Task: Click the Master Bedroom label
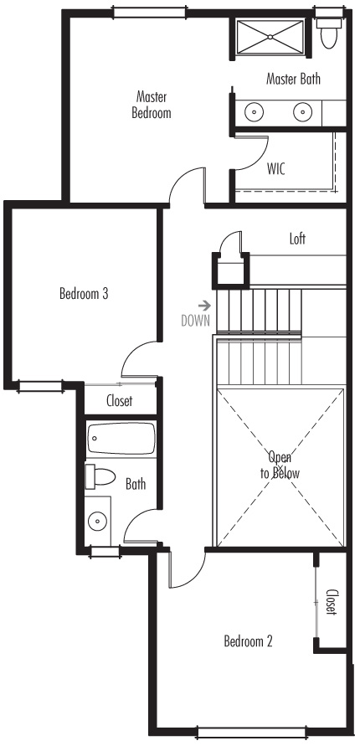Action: tap(152, 105)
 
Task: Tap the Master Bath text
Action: tap(293, 79)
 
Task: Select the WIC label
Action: tap(276, 168)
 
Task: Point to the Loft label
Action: tap(297, 238)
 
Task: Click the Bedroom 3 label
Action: tap(84, 293)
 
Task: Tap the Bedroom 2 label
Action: tap(248, 640)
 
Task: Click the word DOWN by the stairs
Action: tap(195, 321)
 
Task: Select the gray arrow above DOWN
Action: tap(205, 305)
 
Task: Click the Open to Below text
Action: tap(280, 465)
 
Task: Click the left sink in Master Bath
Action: tap(255, 112)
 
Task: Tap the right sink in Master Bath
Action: tap(303, 112)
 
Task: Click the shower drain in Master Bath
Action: tap(270, 36)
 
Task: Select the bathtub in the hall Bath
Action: tap(121, 438)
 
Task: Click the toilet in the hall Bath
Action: tap(100, 476)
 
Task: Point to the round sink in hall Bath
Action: tap(98, 520)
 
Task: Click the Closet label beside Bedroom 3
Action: tap(119, 400)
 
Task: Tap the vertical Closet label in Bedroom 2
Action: tap(331, 602)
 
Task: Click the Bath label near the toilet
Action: tap(136, 484)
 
